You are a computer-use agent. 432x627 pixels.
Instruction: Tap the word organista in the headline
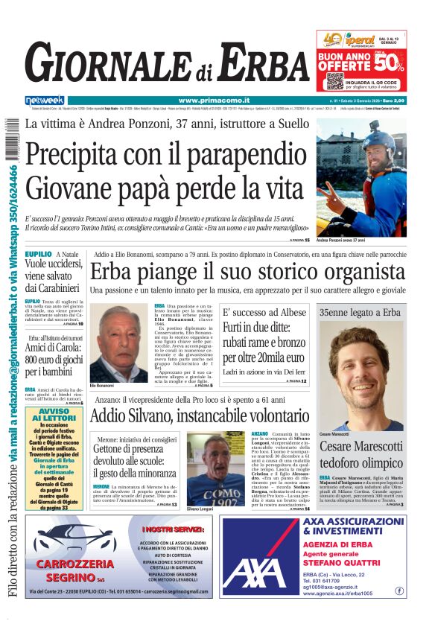pos(361,271)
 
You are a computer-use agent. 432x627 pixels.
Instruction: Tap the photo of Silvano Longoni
pos(215,469)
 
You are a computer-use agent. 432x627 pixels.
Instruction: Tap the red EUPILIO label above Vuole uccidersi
pos(38,254)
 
